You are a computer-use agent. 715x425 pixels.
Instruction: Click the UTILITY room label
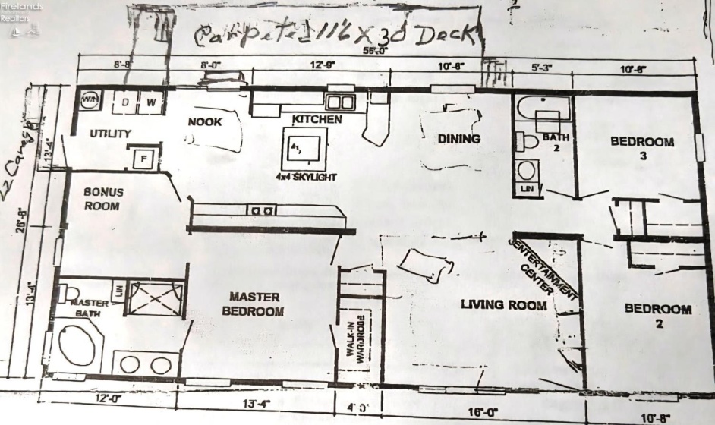pyautogui.click(x=110, y=134)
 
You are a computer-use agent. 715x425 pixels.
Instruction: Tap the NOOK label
pyautogui.click(x=205, y=121)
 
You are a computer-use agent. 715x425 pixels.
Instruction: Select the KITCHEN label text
pyautogui.click(x=317, y=120)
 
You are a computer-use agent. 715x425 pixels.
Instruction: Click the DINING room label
pyautogui.click(x=459, y=139)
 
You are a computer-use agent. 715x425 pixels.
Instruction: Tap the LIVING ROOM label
pyautogui.click(x=504, y=305)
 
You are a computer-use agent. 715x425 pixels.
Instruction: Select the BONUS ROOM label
pyautogui.click(x=102, y=199)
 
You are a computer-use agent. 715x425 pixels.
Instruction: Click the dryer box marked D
pyautogui.click(x=124, y=102)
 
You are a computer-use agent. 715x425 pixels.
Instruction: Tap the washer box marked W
pyautogui.click(x=150, y=102)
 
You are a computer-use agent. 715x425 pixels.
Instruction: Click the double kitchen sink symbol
pyautogui.click(x=341, y=102)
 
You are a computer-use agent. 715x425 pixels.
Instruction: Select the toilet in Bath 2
pyautogui.click(x=526, y=141)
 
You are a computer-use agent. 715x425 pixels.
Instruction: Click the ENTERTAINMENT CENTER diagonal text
pyautogui.click(x=543, y=270)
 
